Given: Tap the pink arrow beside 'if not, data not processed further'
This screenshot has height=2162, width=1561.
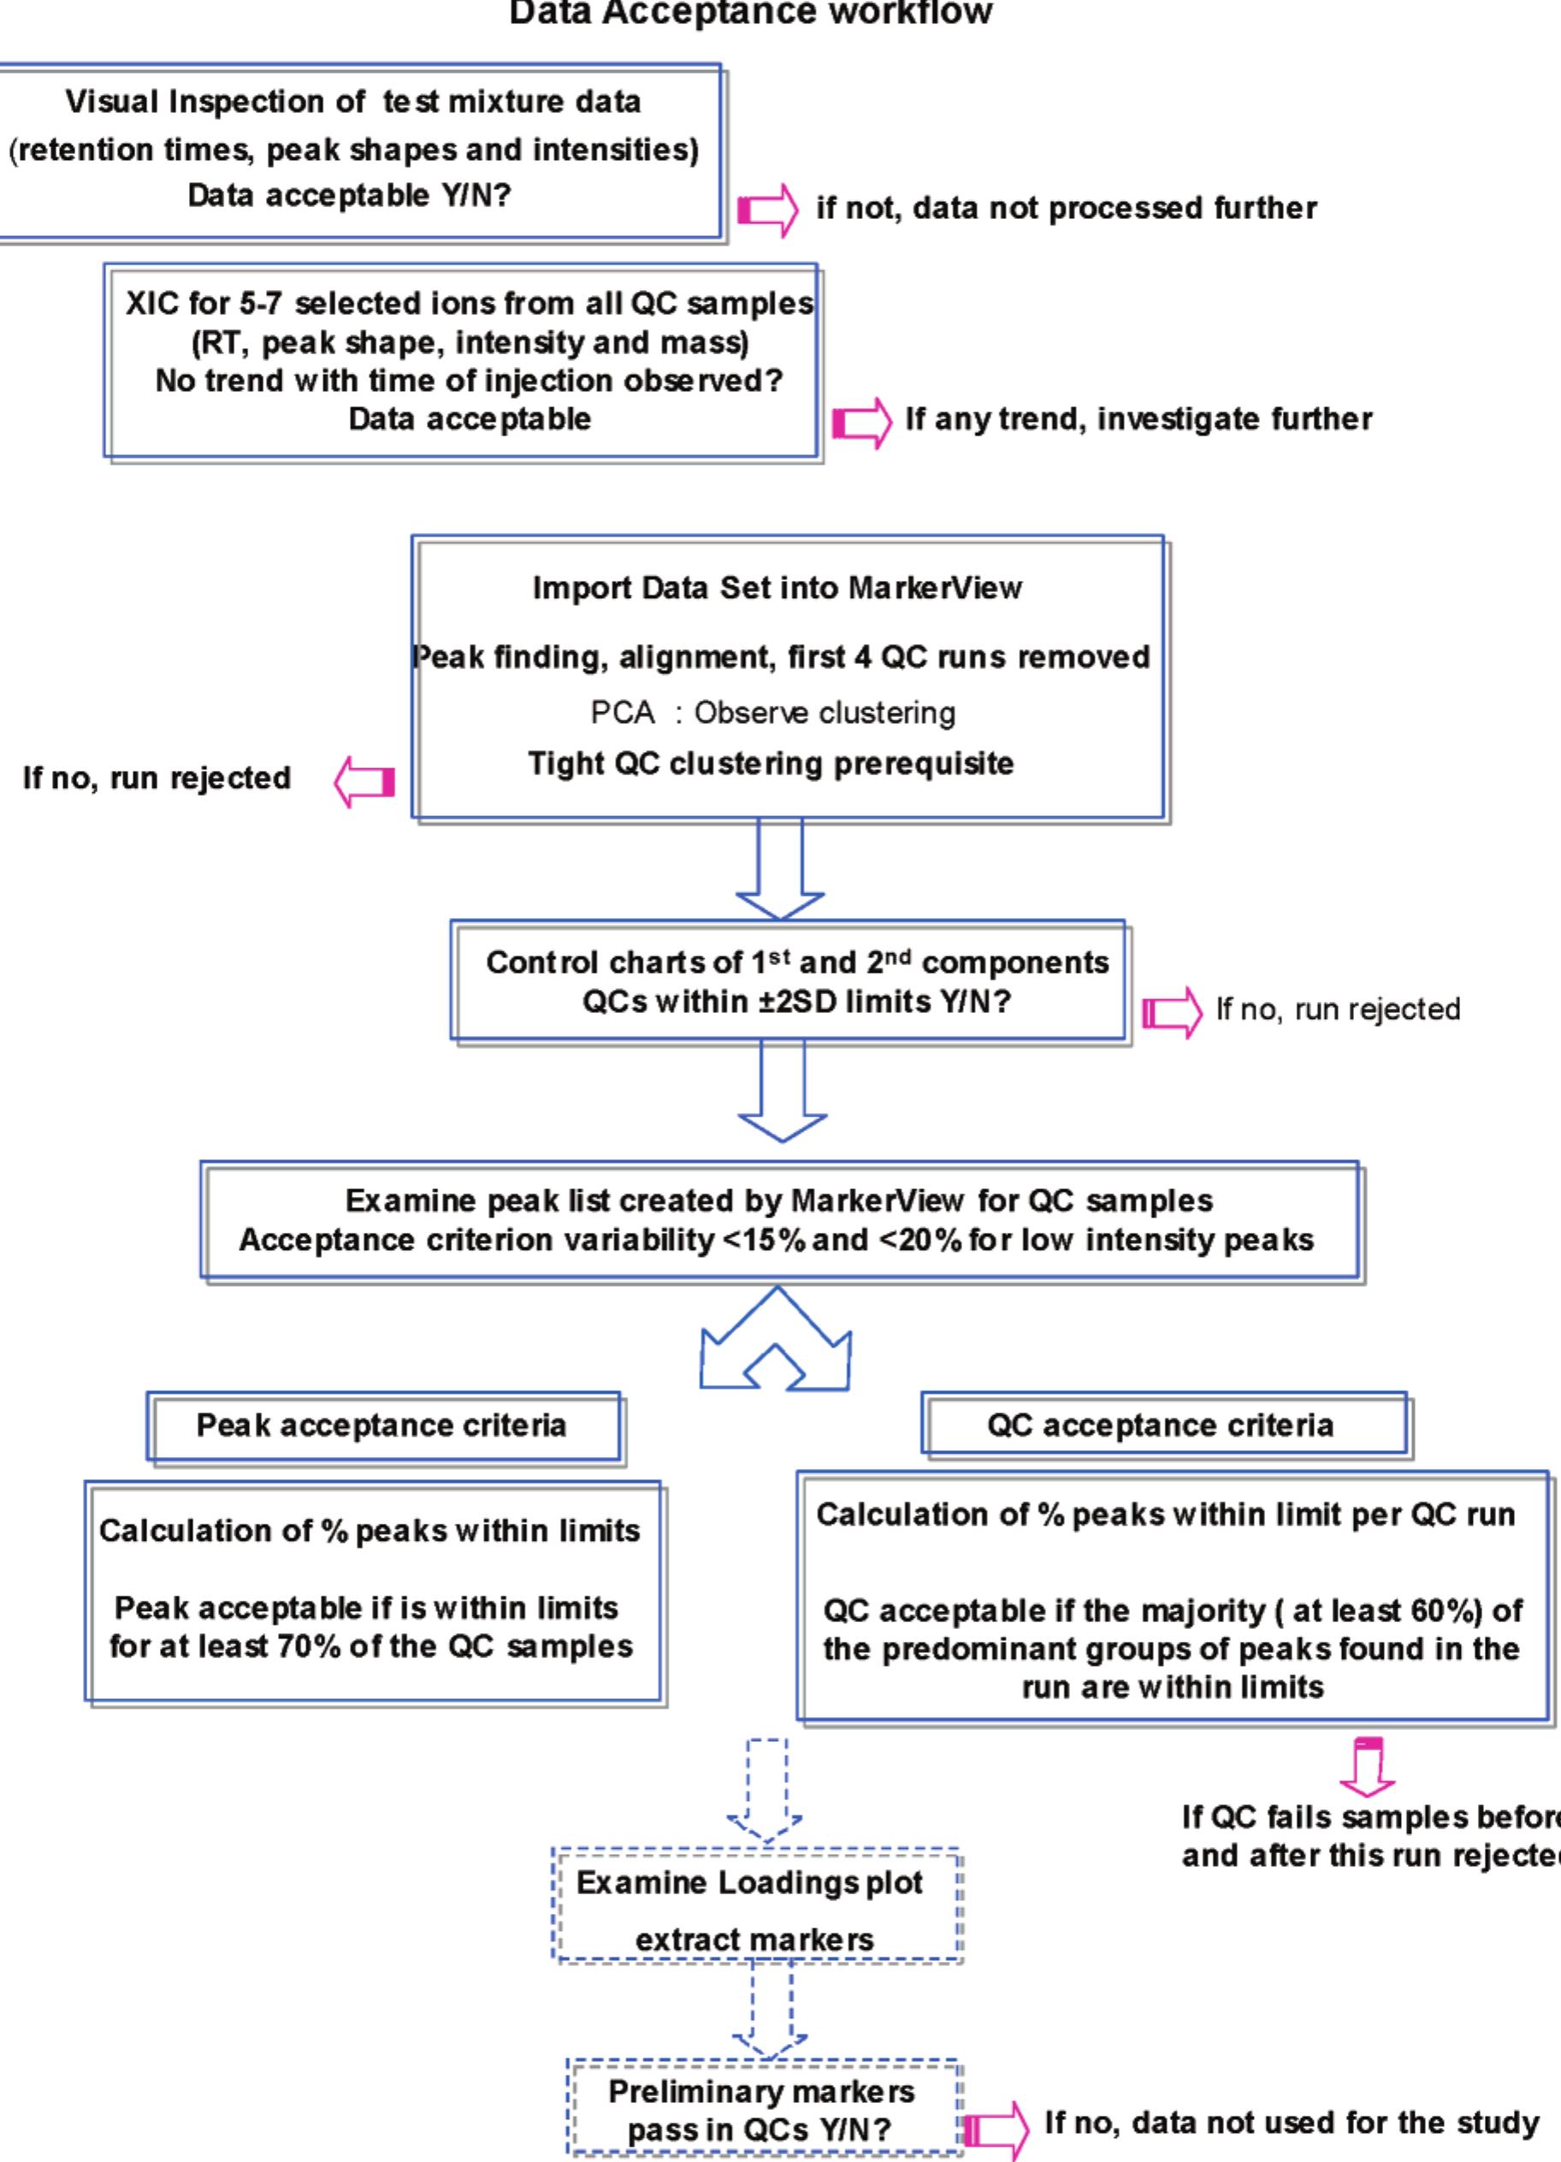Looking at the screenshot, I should pyautogui.click(x=768, y=210).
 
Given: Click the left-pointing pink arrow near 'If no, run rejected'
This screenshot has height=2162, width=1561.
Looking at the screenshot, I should pyautogui.click(x=364, y=783).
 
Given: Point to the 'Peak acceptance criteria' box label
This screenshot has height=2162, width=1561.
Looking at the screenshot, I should pyautogui.click(x=381, y=1425).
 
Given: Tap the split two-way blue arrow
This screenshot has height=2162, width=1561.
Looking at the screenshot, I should pyautogui.click(x=776, y=1339).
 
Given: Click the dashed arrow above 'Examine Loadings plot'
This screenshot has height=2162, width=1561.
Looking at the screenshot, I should pyautogui.click(x=766, y=1790).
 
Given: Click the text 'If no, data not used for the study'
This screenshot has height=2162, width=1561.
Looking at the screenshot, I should pyautogui.click(x=1292, y=2123).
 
